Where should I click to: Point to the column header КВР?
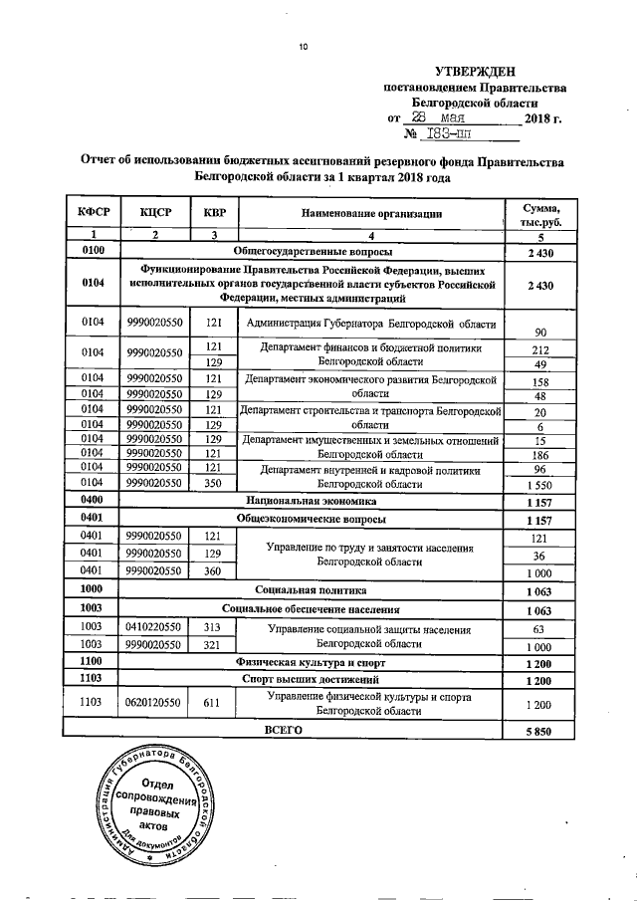213,213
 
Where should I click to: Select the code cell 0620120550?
154,705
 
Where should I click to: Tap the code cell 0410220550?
154,629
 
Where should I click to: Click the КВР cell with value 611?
213,705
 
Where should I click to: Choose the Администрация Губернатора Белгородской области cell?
368,325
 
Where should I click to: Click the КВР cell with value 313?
213,629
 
